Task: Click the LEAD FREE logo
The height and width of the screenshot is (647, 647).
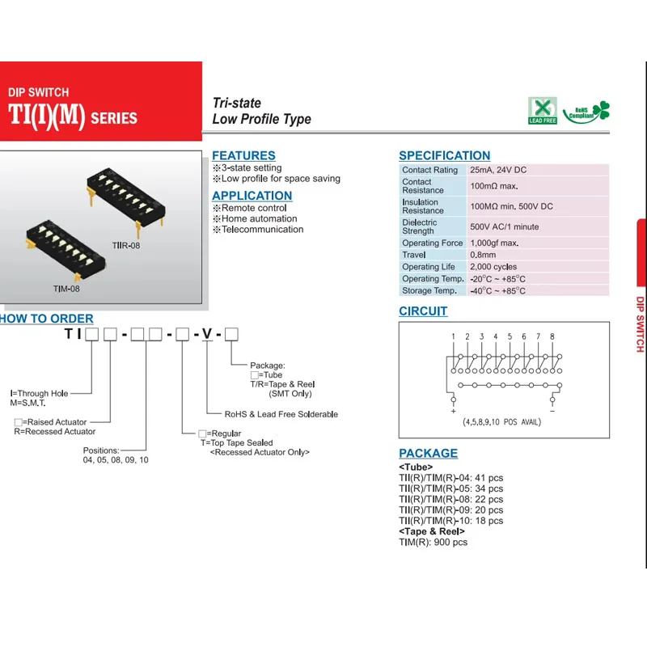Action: [x=543, y=111]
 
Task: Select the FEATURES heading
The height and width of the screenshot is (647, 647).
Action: [x=243, y=155]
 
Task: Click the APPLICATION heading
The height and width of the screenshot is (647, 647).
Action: [x=252, y=196]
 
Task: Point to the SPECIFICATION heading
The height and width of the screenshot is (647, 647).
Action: [x=444, y=155]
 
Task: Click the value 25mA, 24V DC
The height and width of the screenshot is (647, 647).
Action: [x=498, y=170]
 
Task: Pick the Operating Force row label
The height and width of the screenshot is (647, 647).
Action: [x=433, y=243]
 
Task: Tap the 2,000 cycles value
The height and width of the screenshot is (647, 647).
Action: [x=493, y=267]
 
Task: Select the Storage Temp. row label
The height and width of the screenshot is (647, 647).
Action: [x=429, y=290]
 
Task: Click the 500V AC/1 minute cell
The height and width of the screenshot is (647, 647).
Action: [x=504, y=226]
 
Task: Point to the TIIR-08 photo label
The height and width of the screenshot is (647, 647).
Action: [x=125, y=245]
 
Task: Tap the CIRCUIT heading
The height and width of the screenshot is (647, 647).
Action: [x=423, y=311]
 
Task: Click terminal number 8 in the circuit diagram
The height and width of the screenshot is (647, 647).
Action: [x=552, y=336]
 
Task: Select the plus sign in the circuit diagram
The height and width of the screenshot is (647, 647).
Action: [x=453, y=411]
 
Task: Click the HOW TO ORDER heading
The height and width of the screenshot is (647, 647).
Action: [x=47, y=319]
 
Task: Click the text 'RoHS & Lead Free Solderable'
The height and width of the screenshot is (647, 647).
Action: [x=281, y=414]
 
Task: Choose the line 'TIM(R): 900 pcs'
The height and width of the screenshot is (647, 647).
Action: [x=433, y=542]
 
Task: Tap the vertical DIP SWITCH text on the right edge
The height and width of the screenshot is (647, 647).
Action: [x=640, y=323]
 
